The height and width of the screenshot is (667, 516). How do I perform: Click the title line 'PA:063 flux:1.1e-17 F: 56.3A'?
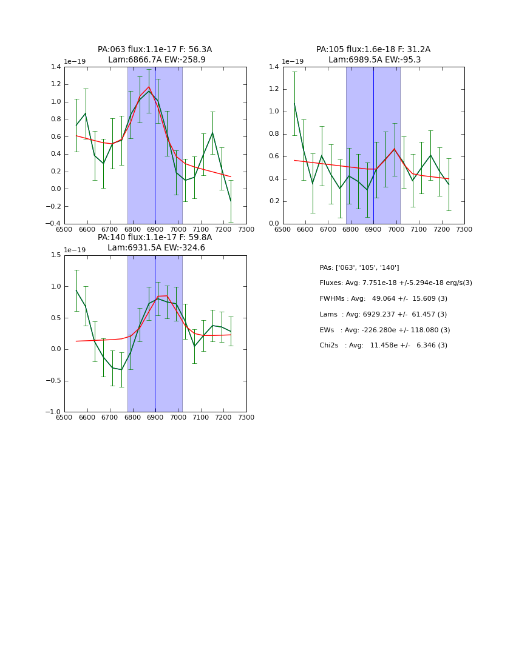(x=155, y=50)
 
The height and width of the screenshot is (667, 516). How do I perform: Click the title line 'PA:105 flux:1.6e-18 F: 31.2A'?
(x=373, y=50)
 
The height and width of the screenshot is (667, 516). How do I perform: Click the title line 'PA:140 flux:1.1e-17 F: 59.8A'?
(x=155, y=238)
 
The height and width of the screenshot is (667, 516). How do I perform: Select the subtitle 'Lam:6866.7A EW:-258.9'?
(x=157, y=60)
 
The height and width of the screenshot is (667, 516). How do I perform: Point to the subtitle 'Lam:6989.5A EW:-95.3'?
(x=374, y=60)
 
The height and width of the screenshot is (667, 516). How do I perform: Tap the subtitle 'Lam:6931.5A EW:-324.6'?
(x=156, y=248)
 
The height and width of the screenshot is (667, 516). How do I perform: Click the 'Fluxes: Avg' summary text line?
(x=395, y=283)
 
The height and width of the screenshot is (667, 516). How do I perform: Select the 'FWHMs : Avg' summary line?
(x=383, y=299)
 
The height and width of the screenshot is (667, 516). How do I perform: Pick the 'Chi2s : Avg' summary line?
(x=383, y=346)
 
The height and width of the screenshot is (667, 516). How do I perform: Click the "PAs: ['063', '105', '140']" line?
(x=359, y=267)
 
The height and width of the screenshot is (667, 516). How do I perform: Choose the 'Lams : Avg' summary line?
(x=383, y=315)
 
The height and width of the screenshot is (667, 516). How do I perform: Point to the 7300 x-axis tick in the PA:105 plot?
(x=464, y=229)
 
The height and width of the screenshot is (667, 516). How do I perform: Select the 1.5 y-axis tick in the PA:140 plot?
(x=56, y=255)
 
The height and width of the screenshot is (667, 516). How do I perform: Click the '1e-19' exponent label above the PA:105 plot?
(x=292, y=62)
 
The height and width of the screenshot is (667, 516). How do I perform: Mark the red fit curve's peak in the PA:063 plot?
(x=149, y=87)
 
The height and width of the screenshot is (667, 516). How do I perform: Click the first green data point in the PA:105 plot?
(x=294, y=104)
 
